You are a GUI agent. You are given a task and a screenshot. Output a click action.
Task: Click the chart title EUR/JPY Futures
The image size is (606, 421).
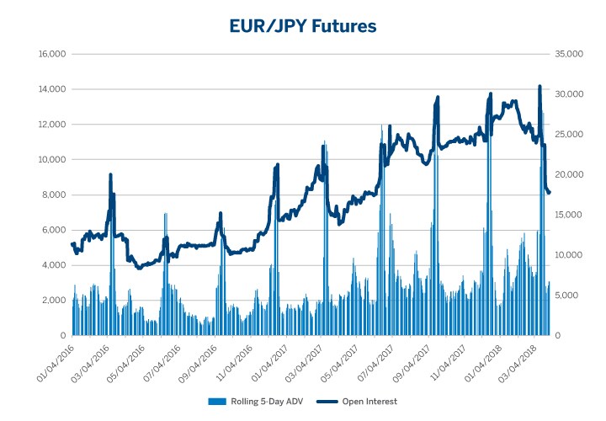click(x=303, y=26)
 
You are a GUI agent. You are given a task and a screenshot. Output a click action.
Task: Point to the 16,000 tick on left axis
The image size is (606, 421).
click(x=52, y=55)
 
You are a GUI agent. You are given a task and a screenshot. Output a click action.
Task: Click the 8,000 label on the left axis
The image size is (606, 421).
click(x=55, y=195)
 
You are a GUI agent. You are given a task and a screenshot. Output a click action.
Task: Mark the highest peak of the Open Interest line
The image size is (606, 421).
click(x=540, y=87)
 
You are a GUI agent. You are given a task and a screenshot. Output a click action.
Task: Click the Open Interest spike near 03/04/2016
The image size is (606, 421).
click(x=110, y=175)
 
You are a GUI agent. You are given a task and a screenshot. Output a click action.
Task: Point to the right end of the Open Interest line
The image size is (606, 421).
click(x=550, y=193)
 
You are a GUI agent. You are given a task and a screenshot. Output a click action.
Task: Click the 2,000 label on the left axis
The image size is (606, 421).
click(x=55, y=301)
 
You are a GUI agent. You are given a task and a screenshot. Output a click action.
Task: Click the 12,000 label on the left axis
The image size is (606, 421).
click(x=52, y=125)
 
